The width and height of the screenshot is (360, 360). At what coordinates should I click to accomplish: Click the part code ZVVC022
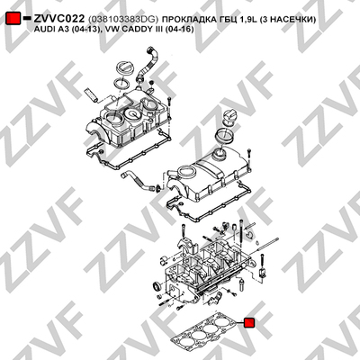[59, 19]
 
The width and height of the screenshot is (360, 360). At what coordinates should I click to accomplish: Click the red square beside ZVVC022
[13, 19]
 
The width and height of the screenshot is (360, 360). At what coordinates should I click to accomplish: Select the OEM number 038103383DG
[123, 20]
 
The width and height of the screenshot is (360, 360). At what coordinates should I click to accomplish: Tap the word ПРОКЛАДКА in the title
[190, 20]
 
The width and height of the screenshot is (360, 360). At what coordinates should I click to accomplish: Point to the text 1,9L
[247, 20]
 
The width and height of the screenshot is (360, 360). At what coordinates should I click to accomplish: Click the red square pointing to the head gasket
[249, 323]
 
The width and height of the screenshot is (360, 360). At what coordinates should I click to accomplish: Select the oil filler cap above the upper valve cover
[122, 68]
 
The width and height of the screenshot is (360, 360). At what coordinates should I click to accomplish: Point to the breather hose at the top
[147, 63]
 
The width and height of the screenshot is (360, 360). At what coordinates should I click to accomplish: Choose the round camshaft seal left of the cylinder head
[157, 287]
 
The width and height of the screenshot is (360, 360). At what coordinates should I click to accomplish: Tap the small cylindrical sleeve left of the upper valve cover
[91, 94]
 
